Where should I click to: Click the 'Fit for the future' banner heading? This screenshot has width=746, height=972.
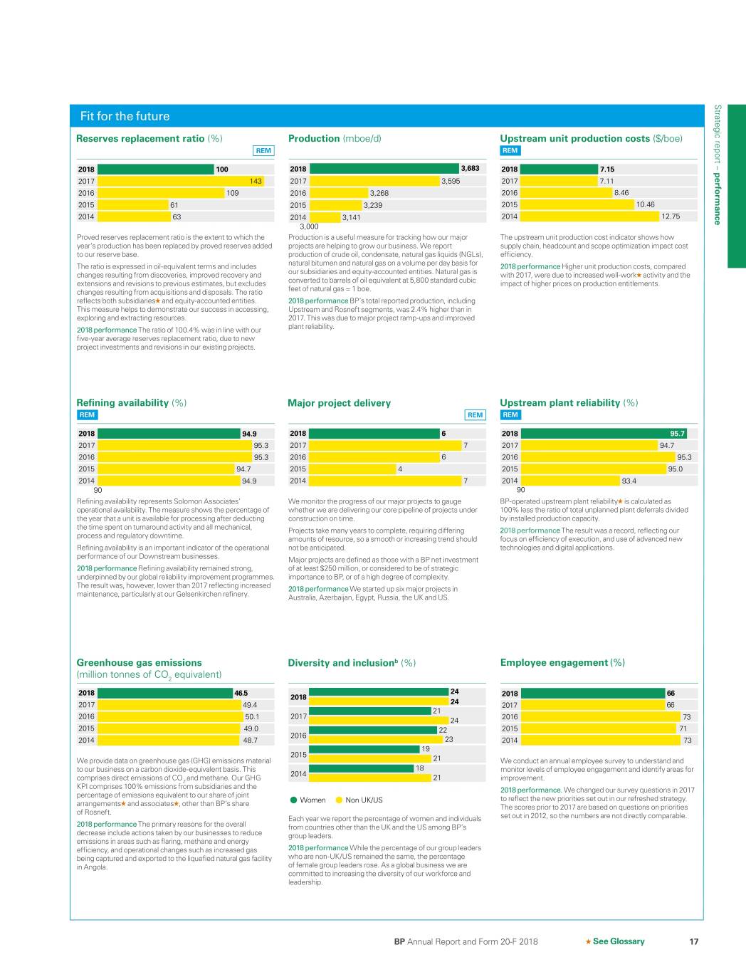pyautogui.click(x=125, y=116)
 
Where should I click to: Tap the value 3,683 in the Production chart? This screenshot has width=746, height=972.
pyautogui.click(x=470, y=169)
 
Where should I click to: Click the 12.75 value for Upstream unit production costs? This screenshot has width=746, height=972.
pyautogui.click(x=671, y=216)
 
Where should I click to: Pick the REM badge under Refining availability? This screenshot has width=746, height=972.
pyautogui.click(x=87, y=414)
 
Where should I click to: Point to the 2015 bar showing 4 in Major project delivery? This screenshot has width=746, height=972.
pyautogui.click(x=352, y=469)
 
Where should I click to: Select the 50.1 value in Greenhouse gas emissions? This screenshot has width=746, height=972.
pyautogui.click(x=251, y=717)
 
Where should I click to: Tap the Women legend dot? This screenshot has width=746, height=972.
pyautogui.click(x=294, y=800)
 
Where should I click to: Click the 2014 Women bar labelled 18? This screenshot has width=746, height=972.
pyautogui.click(x=362, y=768)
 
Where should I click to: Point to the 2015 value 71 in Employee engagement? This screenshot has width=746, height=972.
pyautogui.click(x=683, y=728)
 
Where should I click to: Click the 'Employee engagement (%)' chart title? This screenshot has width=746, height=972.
pyautogui.click(x=562, y=662)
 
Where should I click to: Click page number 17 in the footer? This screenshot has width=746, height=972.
pyautogui.click(x=694, y=941)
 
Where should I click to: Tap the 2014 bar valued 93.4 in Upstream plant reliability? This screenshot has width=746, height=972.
pyautogui.click(x=570, y=481)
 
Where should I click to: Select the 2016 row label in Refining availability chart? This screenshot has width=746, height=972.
pyautogui.click(x=86, y=457)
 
